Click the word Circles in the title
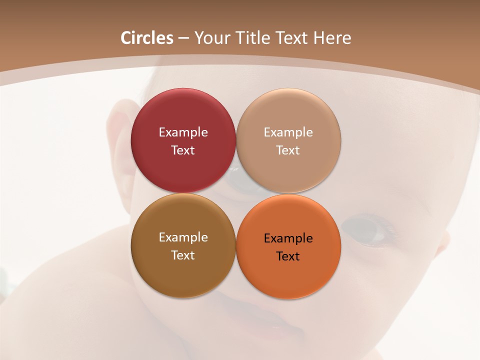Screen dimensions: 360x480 147,38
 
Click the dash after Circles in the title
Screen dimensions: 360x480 183,38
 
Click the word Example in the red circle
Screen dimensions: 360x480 183,132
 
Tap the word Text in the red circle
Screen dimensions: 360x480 183,150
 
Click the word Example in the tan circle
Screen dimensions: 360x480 288,132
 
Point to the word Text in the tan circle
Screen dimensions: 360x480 288,150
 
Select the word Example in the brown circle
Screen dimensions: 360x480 183,237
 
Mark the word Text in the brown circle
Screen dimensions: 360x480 183,255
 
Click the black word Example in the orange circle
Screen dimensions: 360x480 288,238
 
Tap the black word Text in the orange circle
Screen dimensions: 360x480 288,256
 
